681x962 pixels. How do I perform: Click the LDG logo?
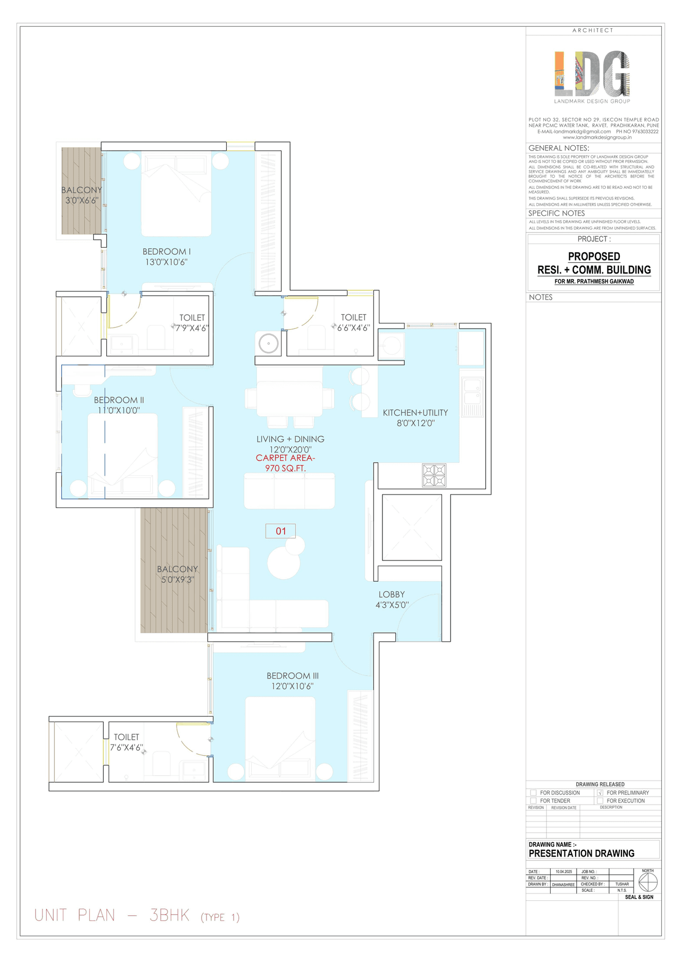click(592, 74)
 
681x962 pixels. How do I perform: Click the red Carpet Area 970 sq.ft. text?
click(286, 463)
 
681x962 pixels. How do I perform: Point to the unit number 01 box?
click(280, 531)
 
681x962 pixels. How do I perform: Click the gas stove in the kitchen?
click(434, 475)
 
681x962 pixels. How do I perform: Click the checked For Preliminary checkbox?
click(600, 792)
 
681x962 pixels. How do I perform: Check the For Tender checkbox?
click(533, 800)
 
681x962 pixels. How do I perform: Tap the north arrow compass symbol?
click(647, 883)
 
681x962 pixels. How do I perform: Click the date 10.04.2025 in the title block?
click(563, 872)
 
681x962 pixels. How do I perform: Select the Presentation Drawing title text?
click(582, 853)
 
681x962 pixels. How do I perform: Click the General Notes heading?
click(559, 148)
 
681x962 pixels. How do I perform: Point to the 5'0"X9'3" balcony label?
click(178, 574)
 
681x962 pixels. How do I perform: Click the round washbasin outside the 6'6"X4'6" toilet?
click(269, 344)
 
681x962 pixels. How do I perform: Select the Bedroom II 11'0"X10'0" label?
click(119, 405)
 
